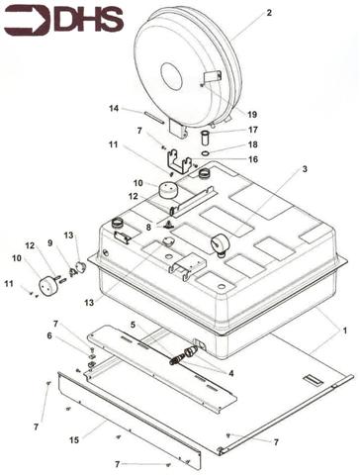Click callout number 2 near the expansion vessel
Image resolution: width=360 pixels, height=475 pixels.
[x=269, y=13]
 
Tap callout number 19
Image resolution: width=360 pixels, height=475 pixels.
[x=252, y=115]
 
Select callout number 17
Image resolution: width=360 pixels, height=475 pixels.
[x=253, y=130]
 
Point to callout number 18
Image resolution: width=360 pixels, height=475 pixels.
[x=253, y=144]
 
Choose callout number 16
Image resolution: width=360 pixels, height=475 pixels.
[x=253, y=159]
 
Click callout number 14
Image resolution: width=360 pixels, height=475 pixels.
[x=114, y=108]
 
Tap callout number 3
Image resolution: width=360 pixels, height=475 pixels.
[x=305, y=169]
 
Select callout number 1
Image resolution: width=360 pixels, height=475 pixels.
[x=345, y=331]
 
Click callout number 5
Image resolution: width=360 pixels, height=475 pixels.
[x=133, y=325]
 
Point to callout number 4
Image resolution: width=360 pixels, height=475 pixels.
[x=230, y=373]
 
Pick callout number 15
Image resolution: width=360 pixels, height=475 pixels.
[x=74, y=440]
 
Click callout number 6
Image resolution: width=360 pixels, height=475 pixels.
[x=49, y=335]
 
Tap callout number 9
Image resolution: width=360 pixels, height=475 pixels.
[x=50, y=243]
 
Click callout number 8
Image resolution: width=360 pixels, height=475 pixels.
[x=148, y=228]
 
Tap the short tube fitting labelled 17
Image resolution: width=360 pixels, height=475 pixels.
[x=205, y=138]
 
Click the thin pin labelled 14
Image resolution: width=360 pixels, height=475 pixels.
[x=154, y=118]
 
